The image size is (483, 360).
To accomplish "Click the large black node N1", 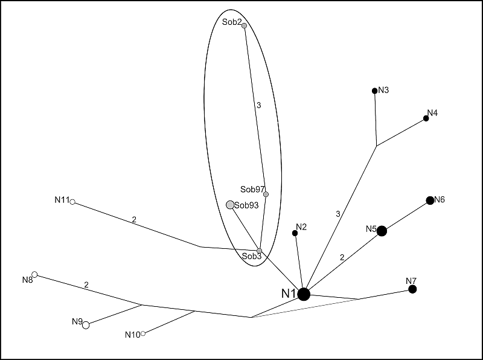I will tap(304, 294).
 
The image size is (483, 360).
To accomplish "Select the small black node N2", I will tap(295, 233).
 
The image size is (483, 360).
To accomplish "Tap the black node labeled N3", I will tap(375, 91).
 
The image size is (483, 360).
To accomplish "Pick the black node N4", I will tap(426, 118).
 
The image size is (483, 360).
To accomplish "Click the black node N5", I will tap(382, 231).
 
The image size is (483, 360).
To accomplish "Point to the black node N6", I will tap(430, 201).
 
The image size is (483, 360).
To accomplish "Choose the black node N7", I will tap(412, 289).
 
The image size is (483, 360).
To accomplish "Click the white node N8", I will tap(34, 275).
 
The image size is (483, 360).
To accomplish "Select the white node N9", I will tap(86, 325).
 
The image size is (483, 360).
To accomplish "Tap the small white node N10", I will tap(143, 333).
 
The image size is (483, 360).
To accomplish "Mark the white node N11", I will tap(72, 202).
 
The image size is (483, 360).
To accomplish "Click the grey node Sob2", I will tap(244, 25).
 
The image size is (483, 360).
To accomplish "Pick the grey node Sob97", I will tap(266, 194).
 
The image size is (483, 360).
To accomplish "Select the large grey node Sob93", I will tap(230, 205).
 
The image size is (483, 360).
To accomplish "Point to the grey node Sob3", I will tap(260, 251).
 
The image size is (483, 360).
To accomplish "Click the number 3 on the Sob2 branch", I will tap(258, 105).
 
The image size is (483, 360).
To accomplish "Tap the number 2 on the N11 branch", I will tap(134, 220).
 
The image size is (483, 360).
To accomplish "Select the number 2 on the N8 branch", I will tap(86, 284).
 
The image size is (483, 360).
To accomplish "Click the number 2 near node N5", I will tap(342, 257).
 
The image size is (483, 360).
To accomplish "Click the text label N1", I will tap(288, 294).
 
